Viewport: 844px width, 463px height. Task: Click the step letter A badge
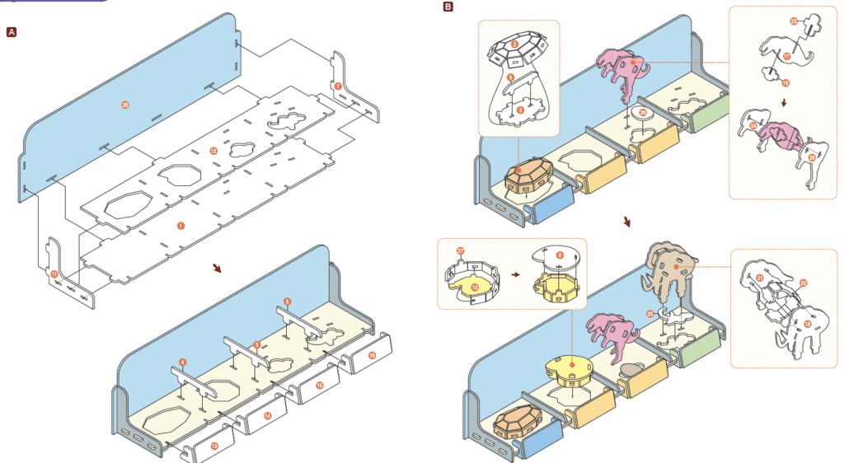[x=12, y=32]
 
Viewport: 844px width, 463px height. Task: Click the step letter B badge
[x=448, y=7]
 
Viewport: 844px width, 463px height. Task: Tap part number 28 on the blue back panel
[x=124, y=105]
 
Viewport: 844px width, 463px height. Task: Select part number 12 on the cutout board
[x=213, y=151]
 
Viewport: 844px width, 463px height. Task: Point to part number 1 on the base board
[x=180, y=225]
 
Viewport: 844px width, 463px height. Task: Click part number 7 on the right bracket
[x=337, y=86]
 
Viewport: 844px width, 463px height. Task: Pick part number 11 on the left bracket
[x=54, y=274]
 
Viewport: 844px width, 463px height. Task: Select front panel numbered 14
[x=267, y=415]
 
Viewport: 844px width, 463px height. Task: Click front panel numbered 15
[x=319, y=385]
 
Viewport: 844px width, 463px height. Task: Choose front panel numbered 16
[x=372, y=355]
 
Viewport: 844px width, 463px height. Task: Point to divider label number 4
[x=182, y=362]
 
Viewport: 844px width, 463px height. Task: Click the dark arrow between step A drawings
[x=217, y=269]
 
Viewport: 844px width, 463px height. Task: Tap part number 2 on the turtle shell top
[x=514, y=44]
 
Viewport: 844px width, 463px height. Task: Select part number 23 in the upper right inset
[x=793, y=21]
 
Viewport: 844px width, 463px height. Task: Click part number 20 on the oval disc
[x=643, y=112]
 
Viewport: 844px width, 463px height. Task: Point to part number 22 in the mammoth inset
[x=803, y=283]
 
